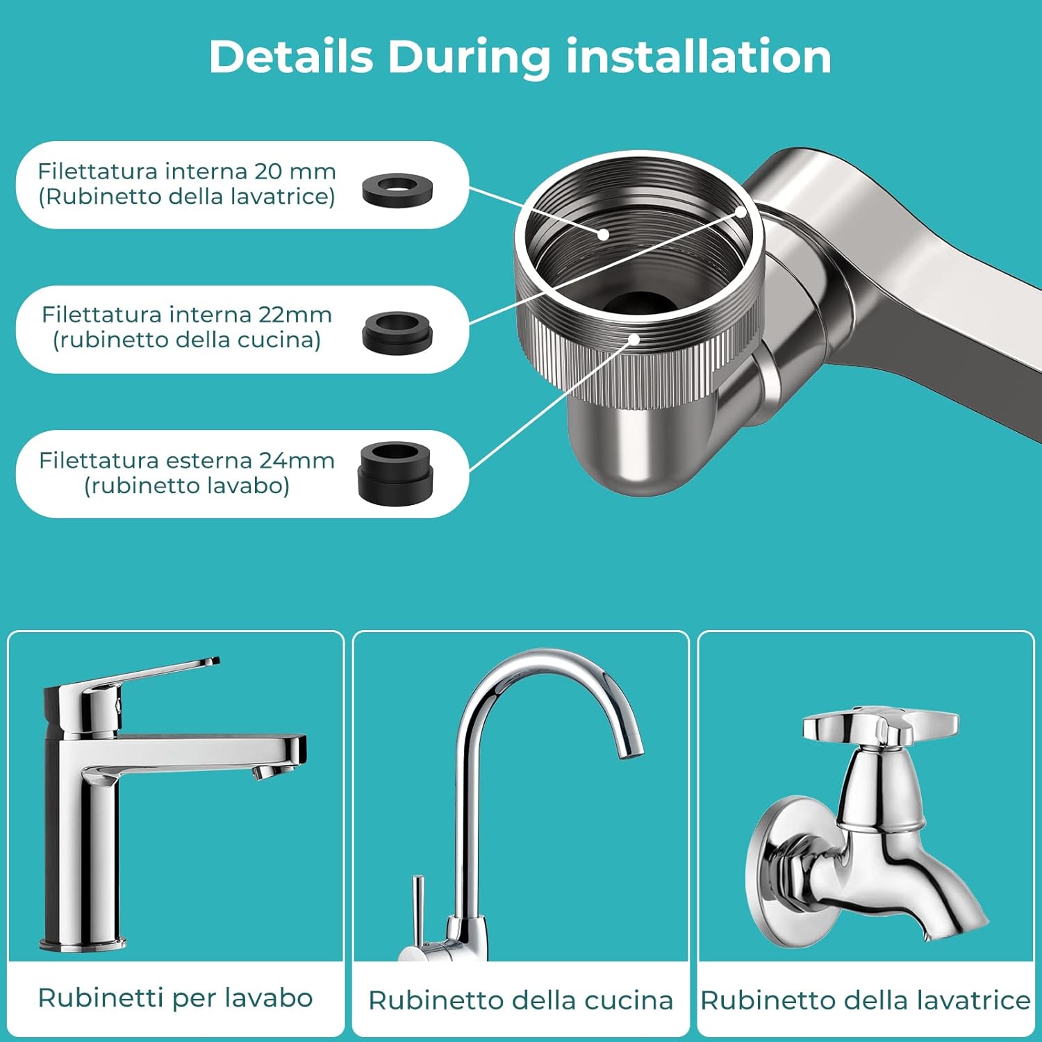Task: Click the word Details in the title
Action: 291,56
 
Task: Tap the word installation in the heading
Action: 699,56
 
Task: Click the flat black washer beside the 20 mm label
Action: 397,190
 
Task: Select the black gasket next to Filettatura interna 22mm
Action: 397,333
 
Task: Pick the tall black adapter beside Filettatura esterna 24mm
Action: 396,472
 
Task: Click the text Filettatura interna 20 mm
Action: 187,171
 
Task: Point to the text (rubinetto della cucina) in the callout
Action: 187,340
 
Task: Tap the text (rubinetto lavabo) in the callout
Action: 187,485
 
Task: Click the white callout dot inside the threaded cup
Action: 604,234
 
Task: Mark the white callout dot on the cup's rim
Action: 741,211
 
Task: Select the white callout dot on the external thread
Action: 634,339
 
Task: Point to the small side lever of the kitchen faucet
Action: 418,910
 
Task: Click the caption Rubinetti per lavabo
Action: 175,998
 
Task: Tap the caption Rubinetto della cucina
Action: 520,1000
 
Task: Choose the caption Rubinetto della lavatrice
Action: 866,1000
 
